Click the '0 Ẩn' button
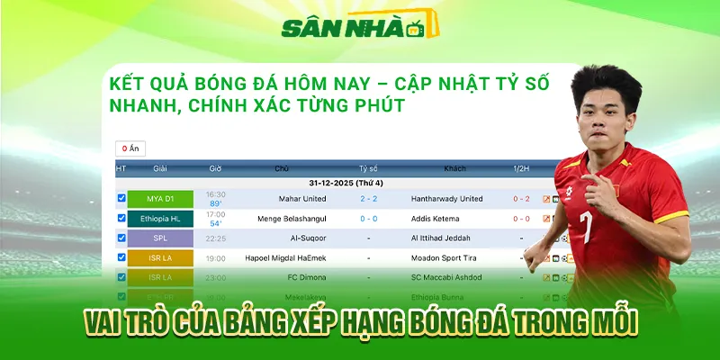pos(130,148)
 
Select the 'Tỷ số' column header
pos(368,168)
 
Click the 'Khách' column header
pos(454,168)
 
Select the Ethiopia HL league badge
pos(160,219)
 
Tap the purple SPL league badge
pos(160,238)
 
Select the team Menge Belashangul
pos(282,219)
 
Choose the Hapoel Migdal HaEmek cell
pos(282,258)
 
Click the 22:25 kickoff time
pos(216,238)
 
